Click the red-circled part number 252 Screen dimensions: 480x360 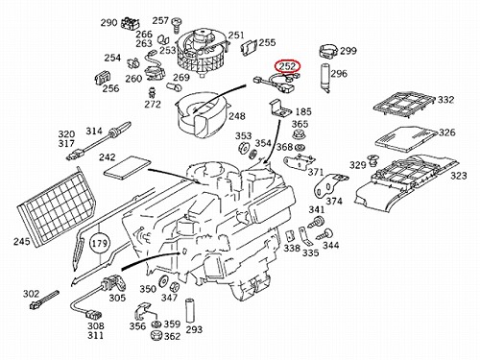(287, 66)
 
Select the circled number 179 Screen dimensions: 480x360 (100, 244)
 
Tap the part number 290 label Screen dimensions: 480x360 (109, 23)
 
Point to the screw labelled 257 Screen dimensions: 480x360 (176, 25)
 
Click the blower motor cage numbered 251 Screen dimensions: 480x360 (201, 51)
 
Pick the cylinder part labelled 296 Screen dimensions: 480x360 (325, 78)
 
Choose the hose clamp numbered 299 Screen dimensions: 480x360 (328, 52)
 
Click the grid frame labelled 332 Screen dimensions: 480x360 (404, 106)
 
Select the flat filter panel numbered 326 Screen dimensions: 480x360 (405, 139)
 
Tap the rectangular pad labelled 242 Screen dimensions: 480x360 (127, 168)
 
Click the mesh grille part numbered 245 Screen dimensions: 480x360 (57, 209)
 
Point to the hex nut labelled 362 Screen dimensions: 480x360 (156, 335)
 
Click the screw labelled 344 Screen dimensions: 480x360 (324, 234)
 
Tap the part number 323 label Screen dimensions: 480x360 (459, 176)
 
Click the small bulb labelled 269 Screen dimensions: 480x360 (175, 86)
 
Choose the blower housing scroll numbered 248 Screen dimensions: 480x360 (203, 114)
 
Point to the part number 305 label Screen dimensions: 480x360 (117, 298)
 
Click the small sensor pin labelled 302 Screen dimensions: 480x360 (44, 300)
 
